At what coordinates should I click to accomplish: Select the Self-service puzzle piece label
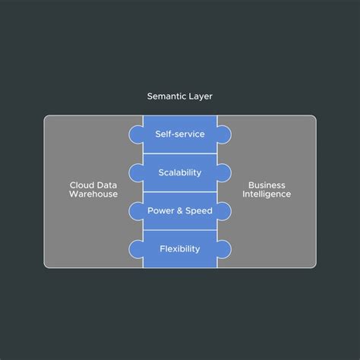pos(180,134)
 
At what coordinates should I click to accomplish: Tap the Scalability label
pos(180,172)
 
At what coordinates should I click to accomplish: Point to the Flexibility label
pos(180,249)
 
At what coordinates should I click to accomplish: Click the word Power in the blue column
pos(161,210)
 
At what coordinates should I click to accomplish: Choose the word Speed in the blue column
pos(199,210)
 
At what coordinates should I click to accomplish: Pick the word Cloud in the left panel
pos(81,184)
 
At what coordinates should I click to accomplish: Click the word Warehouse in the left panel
pos(93,194)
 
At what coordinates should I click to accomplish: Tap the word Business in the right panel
pos(267,184)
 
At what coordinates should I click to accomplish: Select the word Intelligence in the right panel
pos(267,194)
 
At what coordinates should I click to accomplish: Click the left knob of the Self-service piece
pos(136,134)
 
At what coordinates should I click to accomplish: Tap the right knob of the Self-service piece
pos(224,134)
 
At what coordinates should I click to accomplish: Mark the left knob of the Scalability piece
pos(136,172)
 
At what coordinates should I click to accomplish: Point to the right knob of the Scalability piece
pos(224,172)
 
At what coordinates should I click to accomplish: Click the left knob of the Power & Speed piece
pos(136,211)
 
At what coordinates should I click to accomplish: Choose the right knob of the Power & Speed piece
pos(224,211)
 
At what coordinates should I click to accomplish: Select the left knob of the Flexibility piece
pos(136,249)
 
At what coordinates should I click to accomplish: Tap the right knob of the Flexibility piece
pos(224,249)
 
